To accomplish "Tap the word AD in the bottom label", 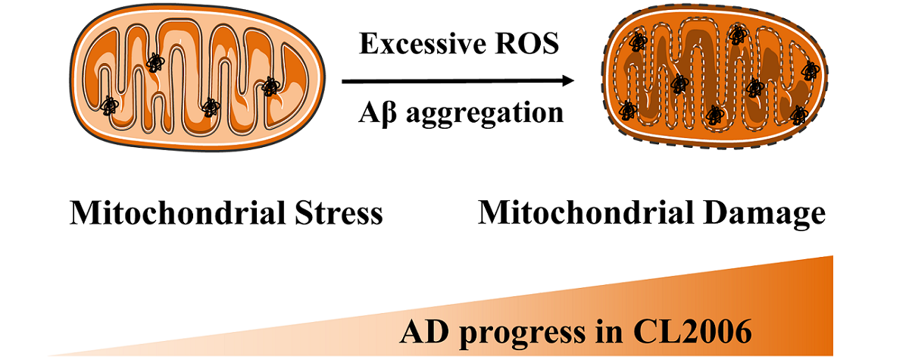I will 423,333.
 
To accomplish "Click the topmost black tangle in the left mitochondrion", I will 155,62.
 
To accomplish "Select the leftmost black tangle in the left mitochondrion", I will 109,105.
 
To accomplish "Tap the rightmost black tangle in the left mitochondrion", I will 270,86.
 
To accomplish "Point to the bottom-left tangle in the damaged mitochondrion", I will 627,110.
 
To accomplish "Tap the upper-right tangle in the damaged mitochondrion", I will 810,69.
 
